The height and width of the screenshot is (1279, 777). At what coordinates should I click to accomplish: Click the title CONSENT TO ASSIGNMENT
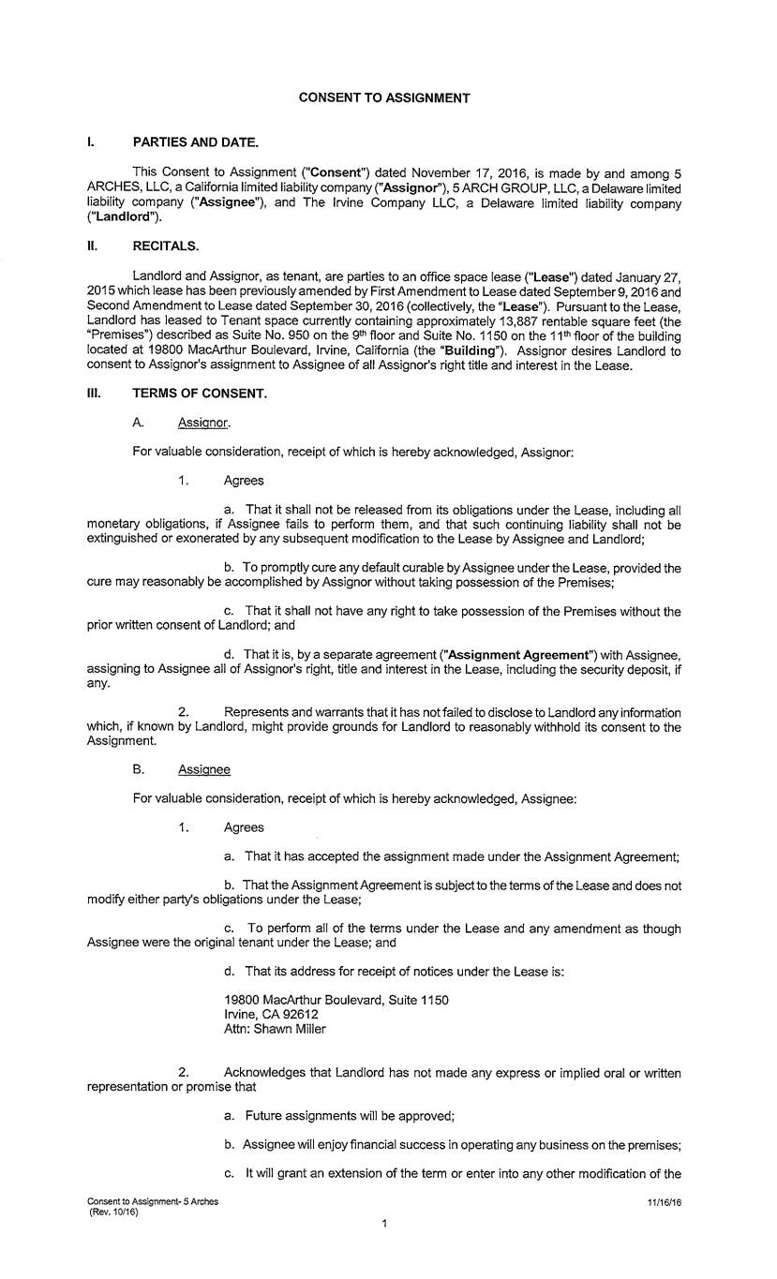point(384,97)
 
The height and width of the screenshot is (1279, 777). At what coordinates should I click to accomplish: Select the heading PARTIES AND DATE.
point(195,142)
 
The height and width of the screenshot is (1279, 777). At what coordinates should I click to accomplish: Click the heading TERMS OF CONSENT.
point(200,394)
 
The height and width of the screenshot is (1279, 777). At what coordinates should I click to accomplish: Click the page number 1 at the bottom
point(384,1223)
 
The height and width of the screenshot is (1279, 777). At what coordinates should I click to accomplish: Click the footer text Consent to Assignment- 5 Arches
point(153,1201)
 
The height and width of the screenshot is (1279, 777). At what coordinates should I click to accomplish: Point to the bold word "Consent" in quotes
point(341,171)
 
